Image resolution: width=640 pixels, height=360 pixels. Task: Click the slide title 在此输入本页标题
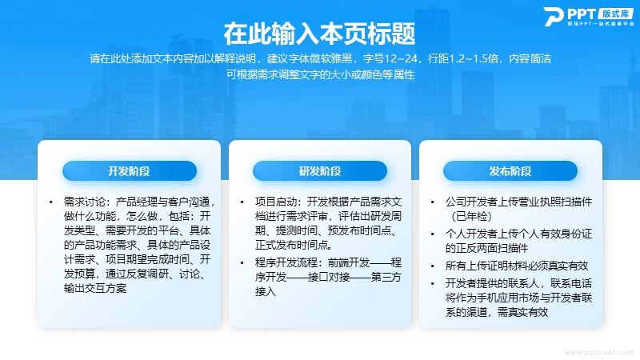[319, 34]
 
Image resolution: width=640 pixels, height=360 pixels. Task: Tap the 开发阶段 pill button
[130, 171]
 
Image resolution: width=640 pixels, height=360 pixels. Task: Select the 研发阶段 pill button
[320, 171]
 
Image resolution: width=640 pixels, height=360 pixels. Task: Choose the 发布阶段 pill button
[510, 171]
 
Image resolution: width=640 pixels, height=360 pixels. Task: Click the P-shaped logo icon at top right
[554, 16]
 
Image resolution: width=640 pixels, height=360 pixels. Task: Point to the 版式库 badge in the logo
[615, 14]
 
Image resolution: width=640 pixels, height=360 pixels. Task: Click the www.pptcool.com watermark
[598, 352]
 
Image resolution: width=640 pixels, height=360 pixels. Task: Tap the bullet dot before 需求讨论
[51, 202]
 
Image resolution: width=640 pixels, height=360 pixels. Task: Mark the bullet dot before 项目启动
[242, 202]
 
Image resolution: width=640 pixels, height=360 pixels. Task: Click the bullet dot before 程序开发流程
[242, 263]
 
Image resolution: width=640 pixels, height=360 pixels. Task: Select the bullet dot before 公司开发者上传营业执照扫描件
[433, 202]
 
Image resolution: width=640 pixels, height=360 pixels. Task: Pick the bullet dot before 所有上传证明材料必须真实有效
[433, 266]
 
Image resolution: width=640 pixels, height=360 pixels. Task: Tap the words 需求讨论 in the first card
[85, 202]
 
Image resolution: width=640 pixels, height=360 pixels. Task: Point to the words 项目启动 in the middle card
[275, 202]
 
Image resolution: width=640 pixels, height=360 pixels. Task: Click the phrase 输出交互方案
[95, 288]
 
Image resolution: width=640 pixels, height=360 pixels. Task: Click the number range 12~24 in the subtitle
[401, 58]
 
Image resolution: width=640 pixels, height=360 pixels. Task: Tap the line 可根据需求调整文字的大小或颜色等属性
[320, 74]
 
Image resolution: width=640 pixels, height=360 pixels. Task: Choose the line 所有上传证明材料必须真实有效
[517, 266]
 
